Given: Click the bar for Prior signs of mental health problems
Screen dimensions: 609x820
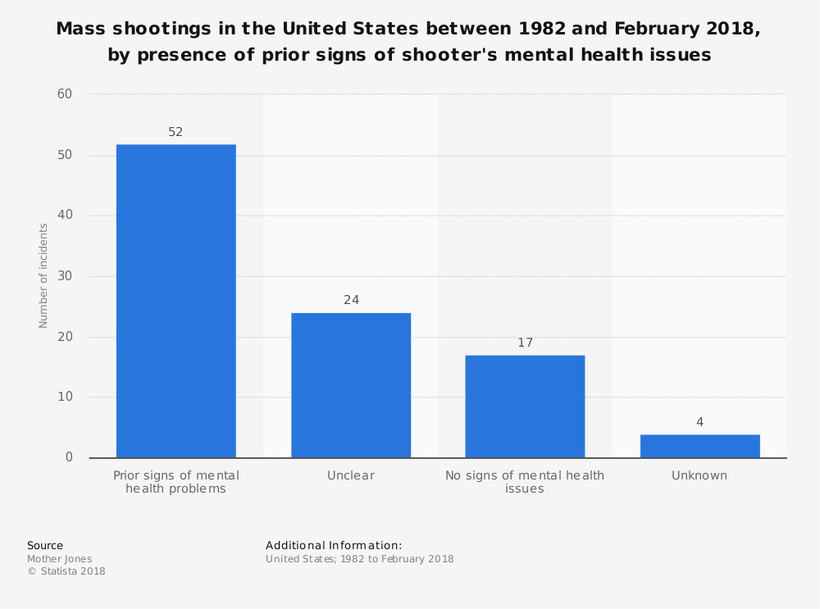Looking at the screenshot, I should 175,301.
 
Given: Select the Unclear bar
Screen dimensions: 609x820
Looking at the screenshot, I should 351,385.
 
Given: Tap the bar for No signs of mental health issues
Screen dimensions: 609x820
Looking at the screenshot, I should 525,406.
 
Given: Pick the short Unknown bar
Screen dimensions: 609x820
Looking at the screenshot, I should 699,446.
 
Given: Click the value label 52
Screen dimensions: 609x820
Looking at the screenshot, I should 175,132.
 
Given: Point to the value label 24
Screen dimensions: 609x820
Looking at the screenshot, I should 351,300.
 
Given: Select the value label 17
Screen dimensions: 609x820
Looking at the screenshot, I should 525,343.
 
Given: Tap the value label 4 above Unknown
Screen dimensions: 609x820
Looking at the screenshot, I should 699,422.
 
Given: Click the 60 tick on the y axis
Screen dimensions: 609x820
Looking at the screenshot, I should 65,94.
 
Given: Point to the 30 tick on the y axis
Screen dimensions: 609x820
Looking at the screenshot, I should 65,276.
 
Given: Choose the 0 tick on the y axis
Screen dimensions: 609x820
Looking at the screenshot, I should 69,457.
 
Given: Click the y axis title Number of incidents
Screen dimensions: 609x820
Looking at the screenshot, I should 43,275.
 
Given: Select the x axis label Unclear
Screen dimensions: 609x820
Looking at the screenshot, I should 351,475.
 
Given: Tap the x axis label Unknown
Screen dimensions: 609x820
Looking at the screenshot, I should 699,475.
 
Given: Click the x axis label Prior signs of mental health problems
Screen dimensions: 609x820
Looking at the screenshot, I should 175,482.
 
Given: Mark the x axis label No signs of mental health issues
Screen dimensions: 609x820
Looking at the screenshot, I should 525,482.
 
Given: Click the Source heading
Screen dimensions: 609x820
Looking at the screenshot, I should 45,545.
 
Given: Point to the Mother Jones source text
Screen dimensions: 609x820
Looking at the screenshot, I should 59,559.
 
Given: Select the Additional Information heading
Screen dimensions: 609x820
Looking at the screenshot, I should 334,545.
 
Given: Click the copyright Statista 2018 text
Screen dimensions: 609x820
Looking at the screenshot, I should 66,571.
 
